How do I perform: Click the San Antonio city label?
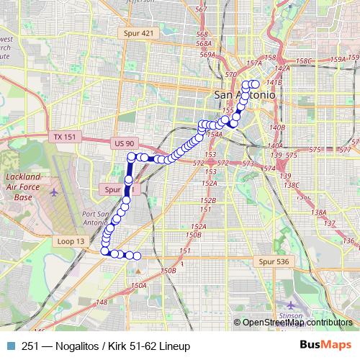[245, 95]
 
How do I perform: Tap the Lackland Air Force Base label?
[24, 186]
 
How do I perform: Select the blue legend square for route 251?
[10, 346]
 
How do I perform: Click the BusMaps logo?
[325, 346]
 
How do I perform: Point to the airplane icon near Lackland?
[56, 192]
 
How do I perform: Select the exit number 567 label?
[201, 9]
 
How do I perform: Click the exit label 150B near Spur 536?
[168, 271]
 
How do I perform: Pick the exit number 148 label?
[102, 302]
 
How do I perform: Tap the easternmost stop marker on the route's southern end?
[137, 256]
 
